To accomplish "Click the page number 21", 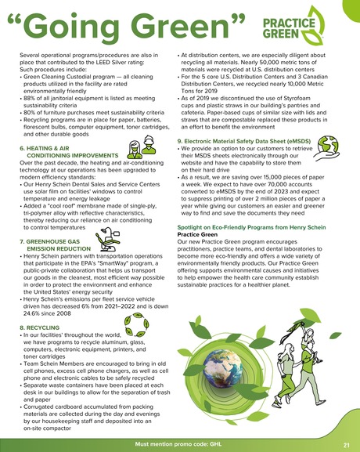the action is [345, 443].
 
